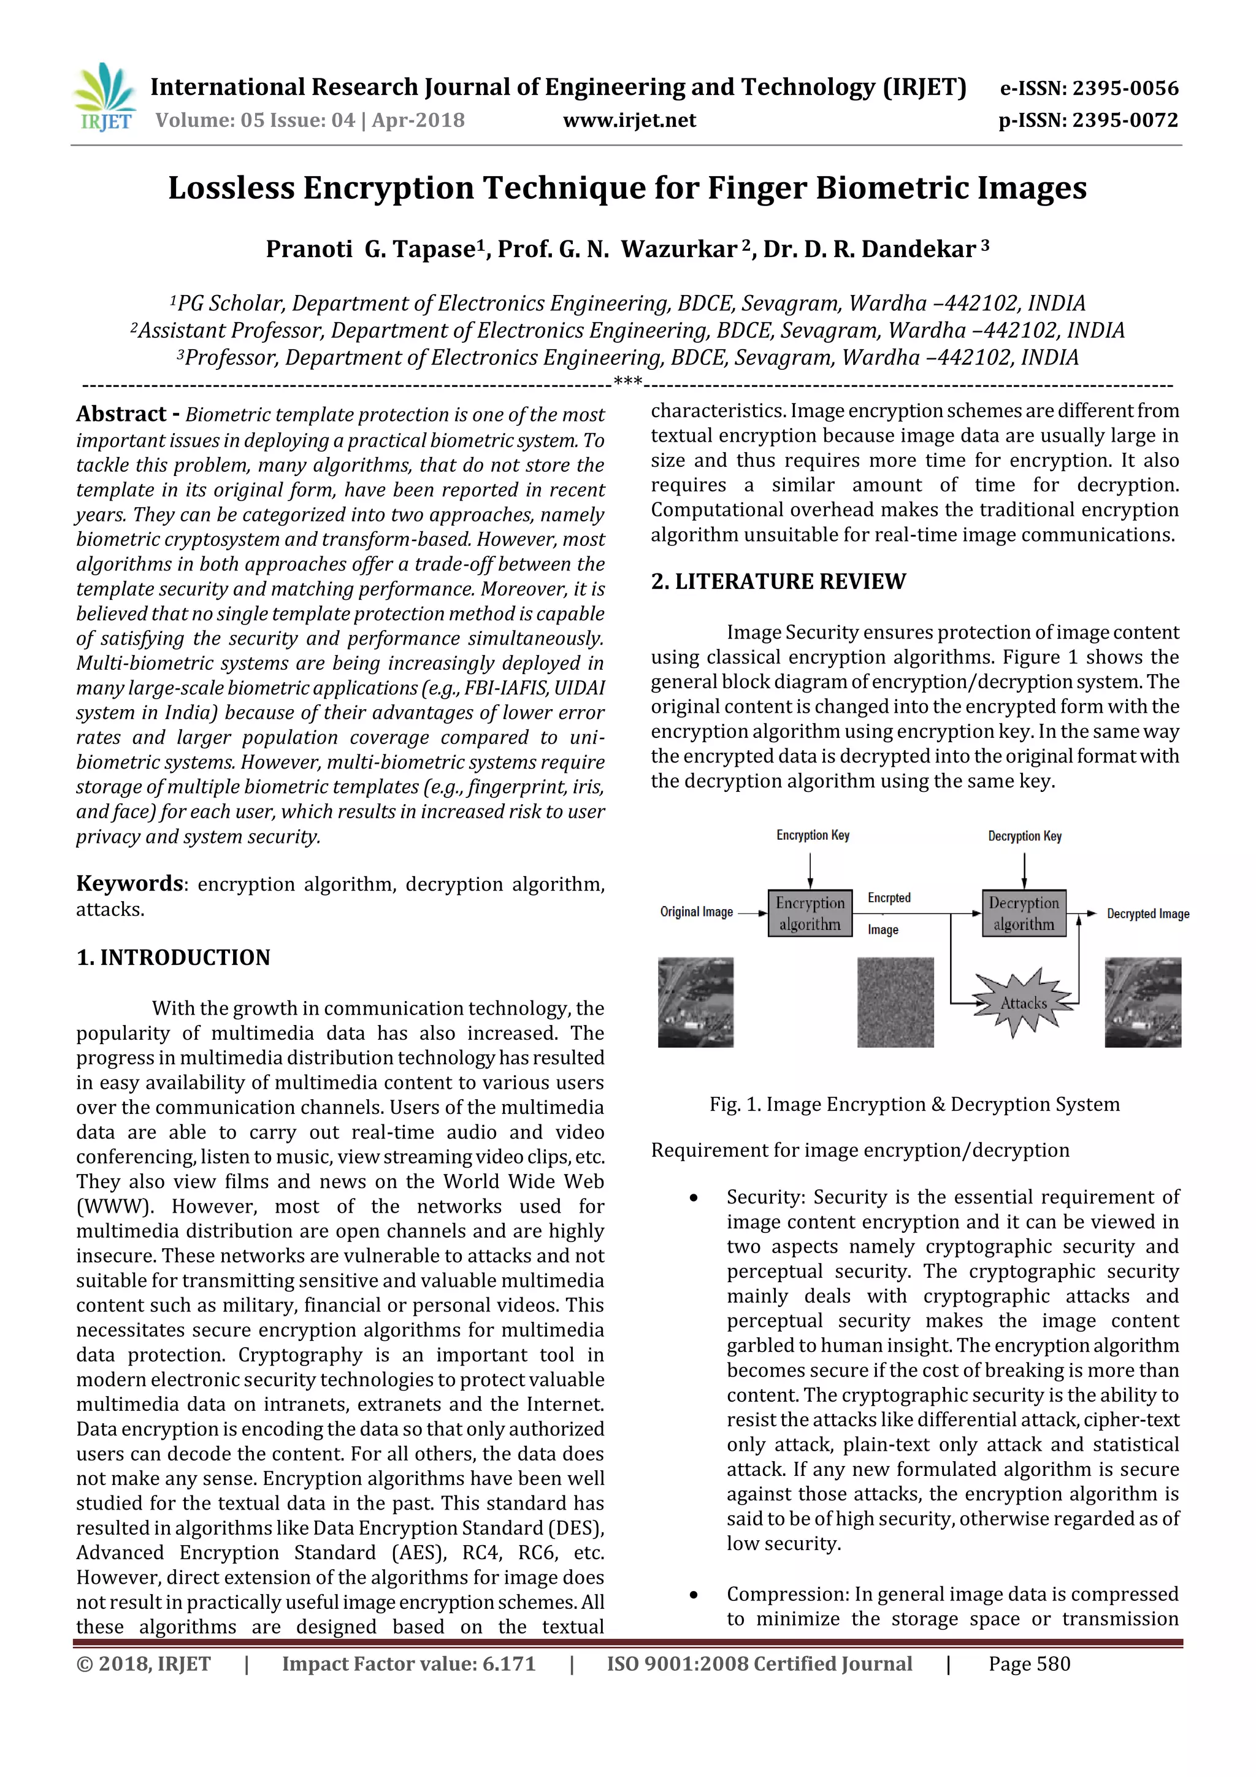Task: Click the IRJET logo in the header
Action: [104, 98]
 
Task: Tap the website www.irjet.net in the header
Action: [629, 120]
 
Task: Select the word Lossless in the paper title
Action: [231, 188]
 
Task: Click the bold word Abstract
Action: [121, 414]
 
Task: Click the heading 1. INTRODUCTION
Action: [174, 958]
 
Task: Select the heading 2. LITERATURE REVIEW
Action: [778, 581]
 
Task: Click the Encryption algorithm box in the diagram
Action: [810, 913]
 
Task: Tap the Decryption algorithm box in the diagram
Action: [1023, 913]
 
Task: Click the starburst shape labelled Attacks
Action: [1023, 1003]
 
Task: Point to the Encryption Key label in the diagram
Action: [813, 835]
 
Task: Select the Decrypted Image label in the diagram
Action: [1147, 914]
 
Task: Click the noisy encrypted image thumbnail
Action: [895, 1002]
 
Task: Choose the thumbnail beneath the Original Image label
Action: [695, 1002]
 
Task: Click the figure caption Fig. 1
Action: [914, 1105]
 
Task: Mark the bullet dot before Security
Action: [694, 1198]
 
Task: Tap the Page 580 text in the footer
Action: [1028, 1664]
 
